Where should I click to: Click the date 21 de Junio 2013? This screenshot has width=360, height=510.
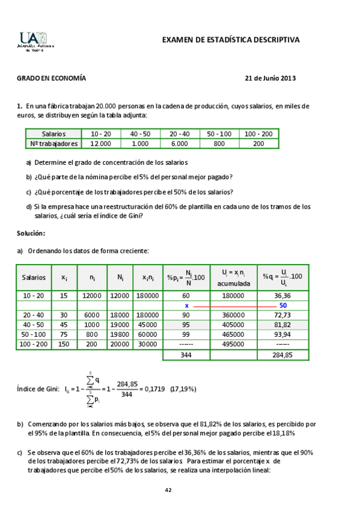[270, 78]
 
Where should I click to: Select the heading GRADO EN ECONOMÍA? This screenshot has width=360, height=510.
[51, 78]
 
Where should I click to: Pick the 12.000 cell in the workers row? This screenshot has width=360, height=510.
[100, 144]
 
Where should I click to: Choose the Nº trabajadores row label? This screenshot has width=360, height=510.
[53, 144]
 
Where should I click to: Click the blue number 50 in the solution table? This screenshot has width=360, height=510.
[282, 306]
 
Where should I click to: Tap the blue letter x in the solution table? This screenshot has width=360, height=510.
[186, 306]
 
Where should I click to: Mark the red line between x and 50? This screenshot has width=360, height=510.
[234, 306]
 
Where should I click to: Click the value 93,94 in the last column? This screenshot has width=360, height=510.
[282, 334]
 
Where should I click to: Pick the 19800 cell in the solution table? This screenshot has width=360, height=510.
[120, 334]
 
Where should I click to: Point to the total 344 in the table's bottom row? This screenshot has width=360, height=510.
[186, 355]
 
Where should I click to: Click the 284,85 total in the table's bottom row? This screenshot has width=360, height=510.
[282, 355]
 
